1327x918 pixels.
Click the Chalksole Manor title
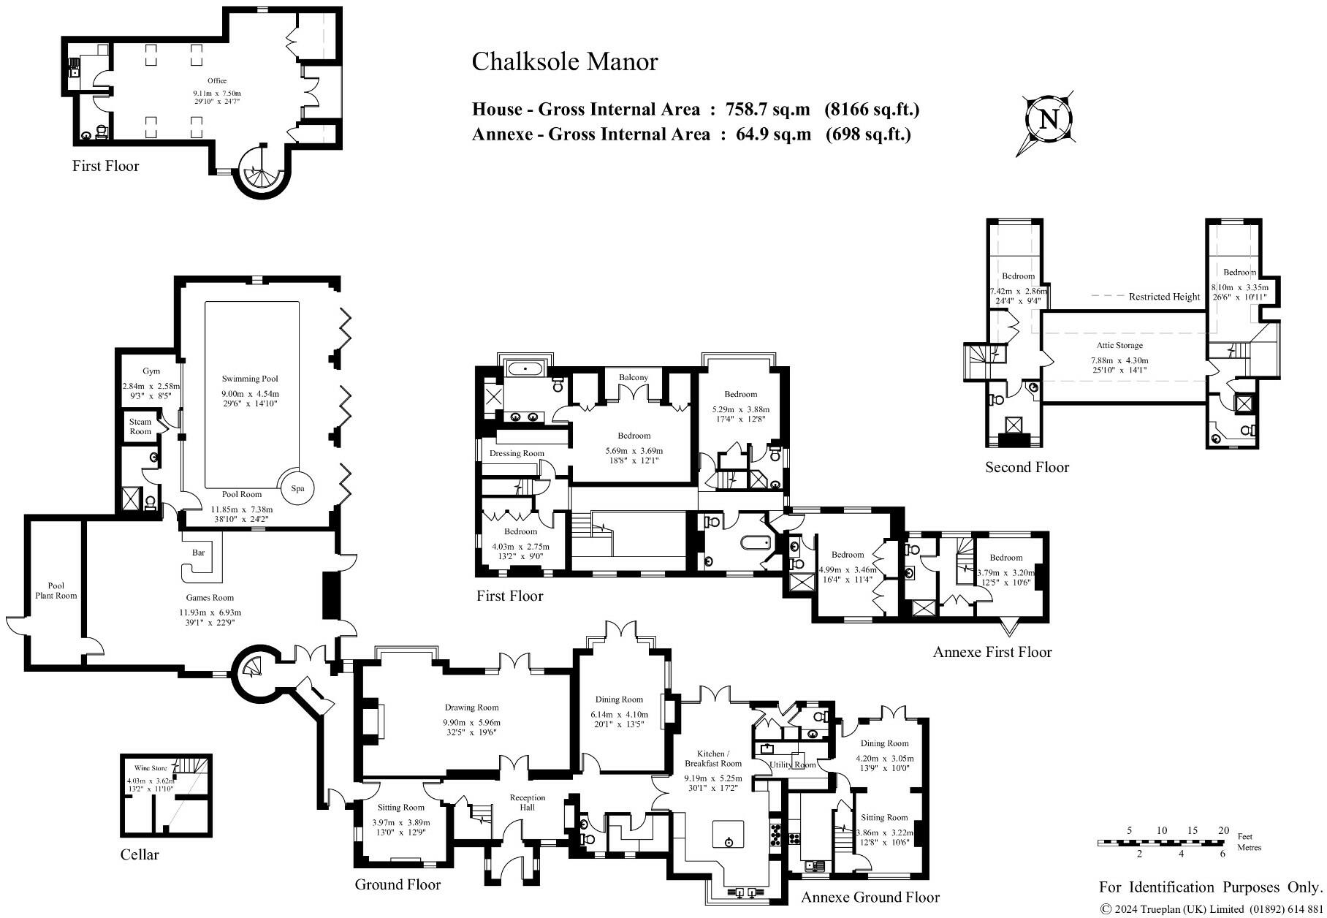[564, 61]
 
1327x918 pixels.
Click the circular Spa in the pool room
[297, 488]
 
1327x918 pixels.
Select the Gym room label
[151, 371]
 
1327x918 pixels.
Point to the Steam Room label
[140, 426]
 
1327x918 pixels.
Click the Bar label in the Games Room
[198, 553]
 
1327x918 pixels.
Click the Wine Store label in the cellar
[151, 768]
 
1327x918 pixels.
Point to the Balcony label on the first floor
[634, 377]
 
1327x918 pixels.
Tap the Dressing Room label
[517, 453]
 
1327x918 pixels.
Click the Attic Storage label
[1119, 345]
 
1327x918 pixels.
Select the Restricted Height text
[1164, 297]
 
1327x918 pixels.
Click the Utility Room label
[792, 765]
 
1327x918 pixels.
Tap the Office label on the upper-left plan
[216, 81]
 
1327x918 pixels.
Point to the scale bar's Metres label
[1249, 848]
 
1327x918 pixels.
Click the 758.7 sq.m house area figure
[767, 110]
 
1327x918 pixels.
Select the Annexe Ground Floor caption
[870, 897]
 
